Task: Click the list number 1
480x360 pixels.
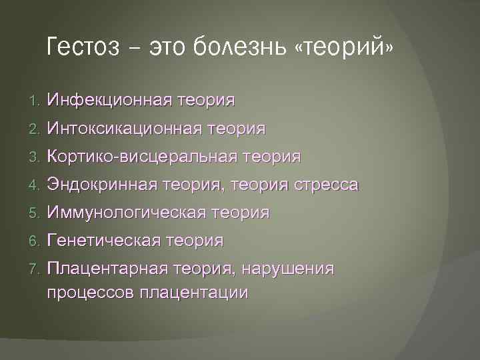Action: [x=35, y=101]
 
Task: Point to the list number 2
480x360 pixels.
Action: [x=35, y=129]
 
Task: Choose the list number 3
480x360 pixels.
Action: [x=35, y=157]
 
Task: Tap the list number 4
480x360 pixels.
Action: [x=35, y=185]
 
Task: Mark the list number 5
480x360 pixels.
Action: [x=35, y=213]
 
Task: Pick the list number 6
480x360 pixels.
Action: [x=35, y=241]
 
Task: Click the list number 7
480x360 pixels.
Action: [x=35, y=269]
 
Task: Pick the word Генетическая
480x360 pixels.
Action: [x=104, y=241]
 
